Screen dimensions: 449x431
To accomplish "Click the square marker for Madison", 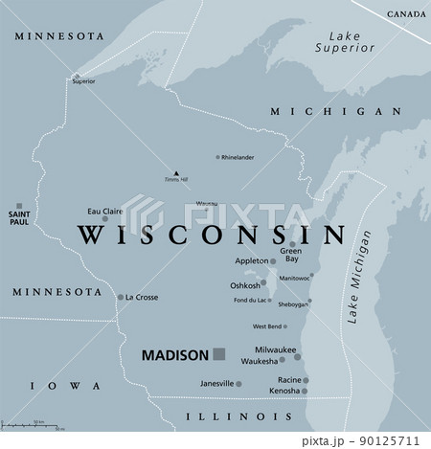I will point(218,353).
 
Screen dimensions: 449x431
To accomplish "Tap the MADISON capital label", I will point(174,354).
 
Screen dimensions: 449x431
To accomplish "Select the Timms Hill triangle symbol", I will point(176,172).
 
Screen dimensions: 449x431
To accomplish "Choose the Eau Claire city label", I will point(105,211).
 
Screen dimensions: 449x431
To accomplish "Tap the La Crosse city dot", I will point(121,297).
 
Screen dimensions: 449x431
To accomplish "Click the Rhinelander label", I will point(238,156).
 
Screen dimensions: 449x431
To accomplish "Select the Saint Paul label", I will point(19,216).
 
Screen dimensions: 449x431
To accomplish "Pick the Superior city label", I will point(83,82).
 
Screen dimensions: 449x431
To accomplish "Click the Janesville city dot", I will point(239,384).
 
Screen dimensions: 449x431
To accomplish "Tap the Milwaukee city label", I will point(275,350).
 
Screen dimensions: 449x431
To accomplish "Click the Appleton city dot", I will point(273,260).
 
